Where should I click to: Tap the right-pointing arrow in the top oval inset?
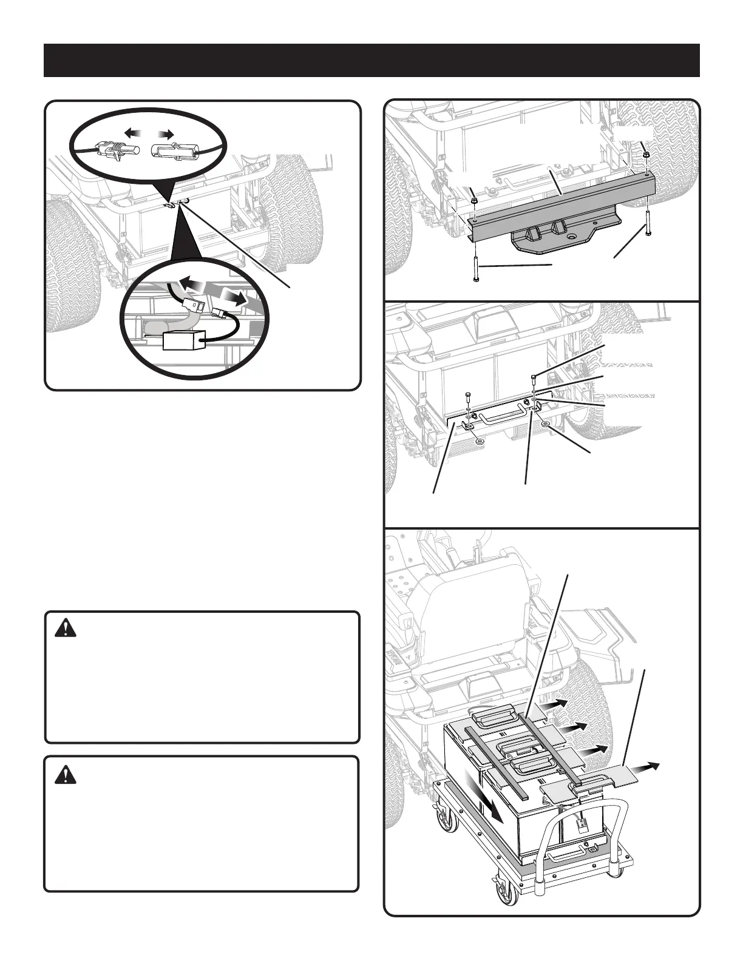[x=165, y=132]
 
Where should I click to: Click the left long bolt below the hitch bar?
[x=475, y=269]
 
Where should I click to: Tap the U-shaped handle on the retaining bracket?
[x=501, y=417]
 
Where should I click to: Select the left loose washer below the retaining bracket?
[x=480, y=441]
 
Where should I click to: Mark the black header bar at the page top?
[x=371, y=60]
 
